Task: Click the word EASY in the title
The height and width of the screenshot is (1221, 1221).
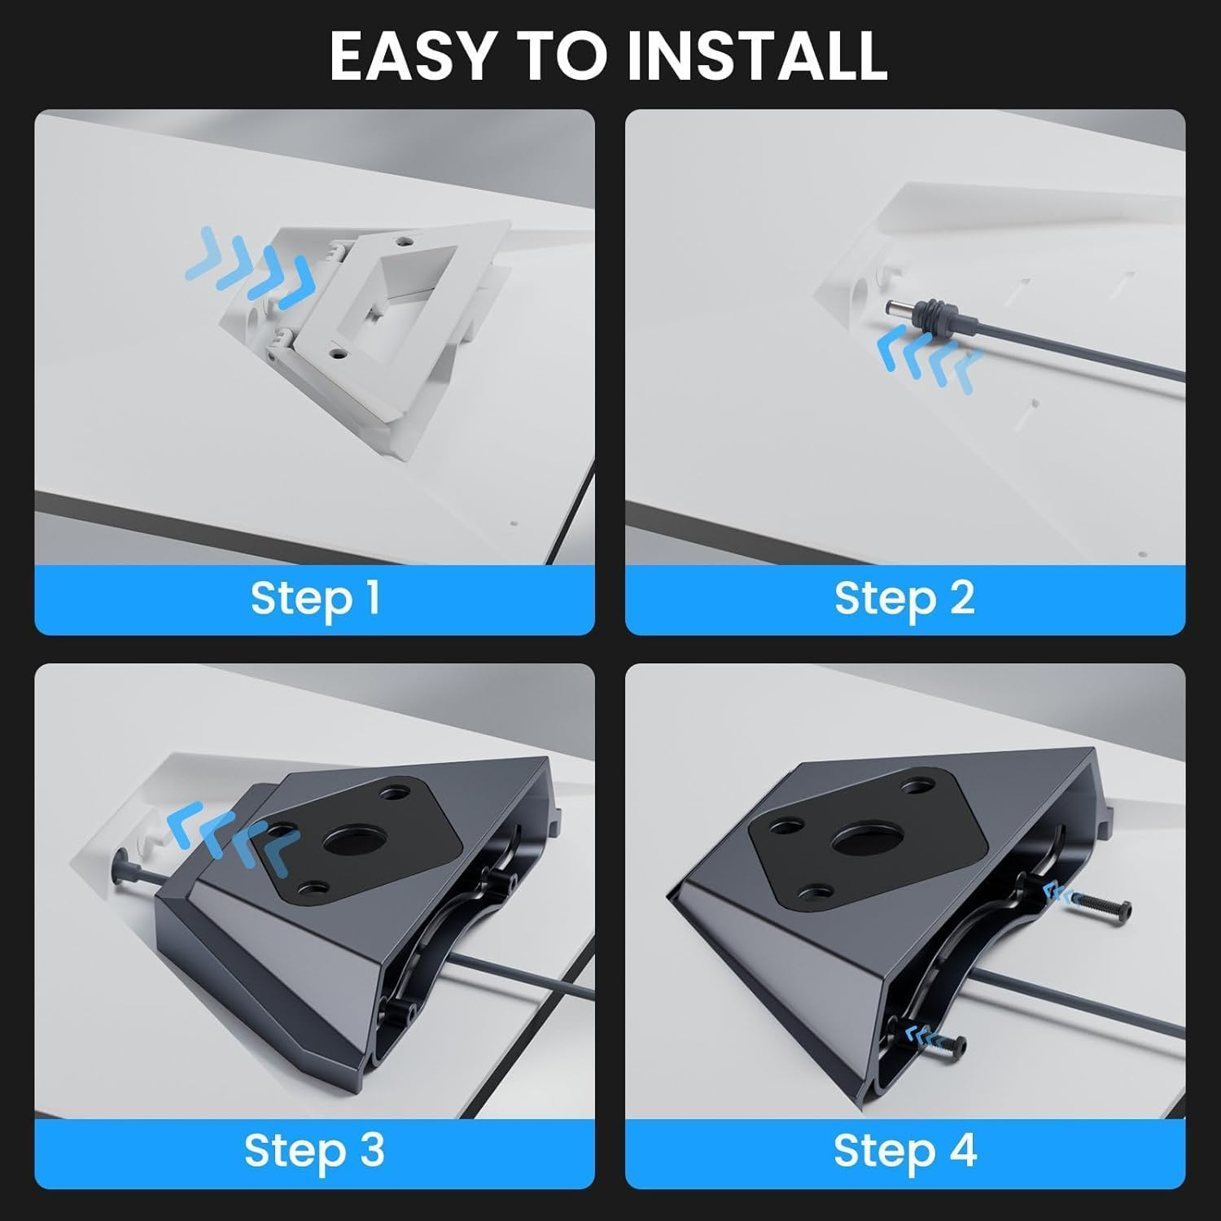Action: click(412, 55)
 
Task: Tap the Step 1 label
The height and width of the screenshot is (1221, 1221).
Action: click(314, 599)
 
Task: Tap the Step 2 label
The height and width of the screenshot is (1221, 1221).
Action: click(904, 599)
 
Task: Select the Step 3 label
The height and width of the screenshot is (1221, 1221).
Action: click(314, 1151)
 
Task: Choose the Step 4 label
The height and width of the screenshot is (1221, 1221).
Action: click(904, 1151)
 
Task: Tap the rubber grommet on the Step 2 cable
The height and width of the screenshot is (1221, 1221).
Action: click(929, 314)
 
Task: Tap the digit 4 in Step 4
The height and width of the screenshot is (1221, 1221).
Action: click(962, 1151)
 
